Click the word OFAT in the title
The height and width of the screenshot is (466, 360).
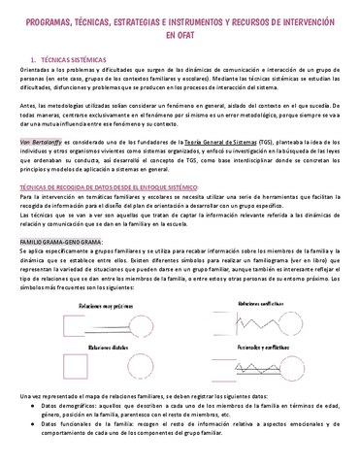180,34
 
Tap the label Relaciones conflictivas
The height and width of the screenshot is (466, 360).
266,303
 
